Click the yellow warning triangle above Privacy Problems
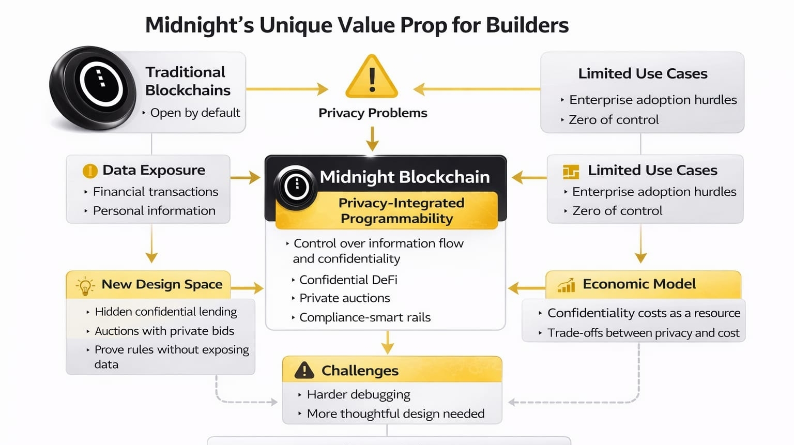pos(372,78)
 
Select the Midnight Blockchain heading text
pos(404,177)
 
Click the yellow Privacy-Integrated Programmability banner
pos(396,210)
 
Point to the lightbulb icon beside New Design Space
pos(85,286)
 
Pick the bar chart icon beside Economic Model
pos(567,285)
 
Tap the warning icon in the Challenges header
pos(304,370)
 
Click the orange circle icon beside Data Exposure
pos(90,171)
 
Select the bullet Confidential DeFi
pos(348,280)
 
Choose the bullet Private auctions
pos(344,298)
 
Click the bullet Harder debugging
pos(358,395)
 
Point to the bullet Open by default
pos(195,113)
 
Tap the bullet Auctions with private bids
pos(164,331)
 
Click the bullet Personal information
pos(154,211)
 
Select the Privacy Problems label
pos(373,113)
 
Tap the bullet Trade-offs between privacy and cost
pos(643,333)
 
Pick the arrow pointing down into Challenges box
pos(387,342)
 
